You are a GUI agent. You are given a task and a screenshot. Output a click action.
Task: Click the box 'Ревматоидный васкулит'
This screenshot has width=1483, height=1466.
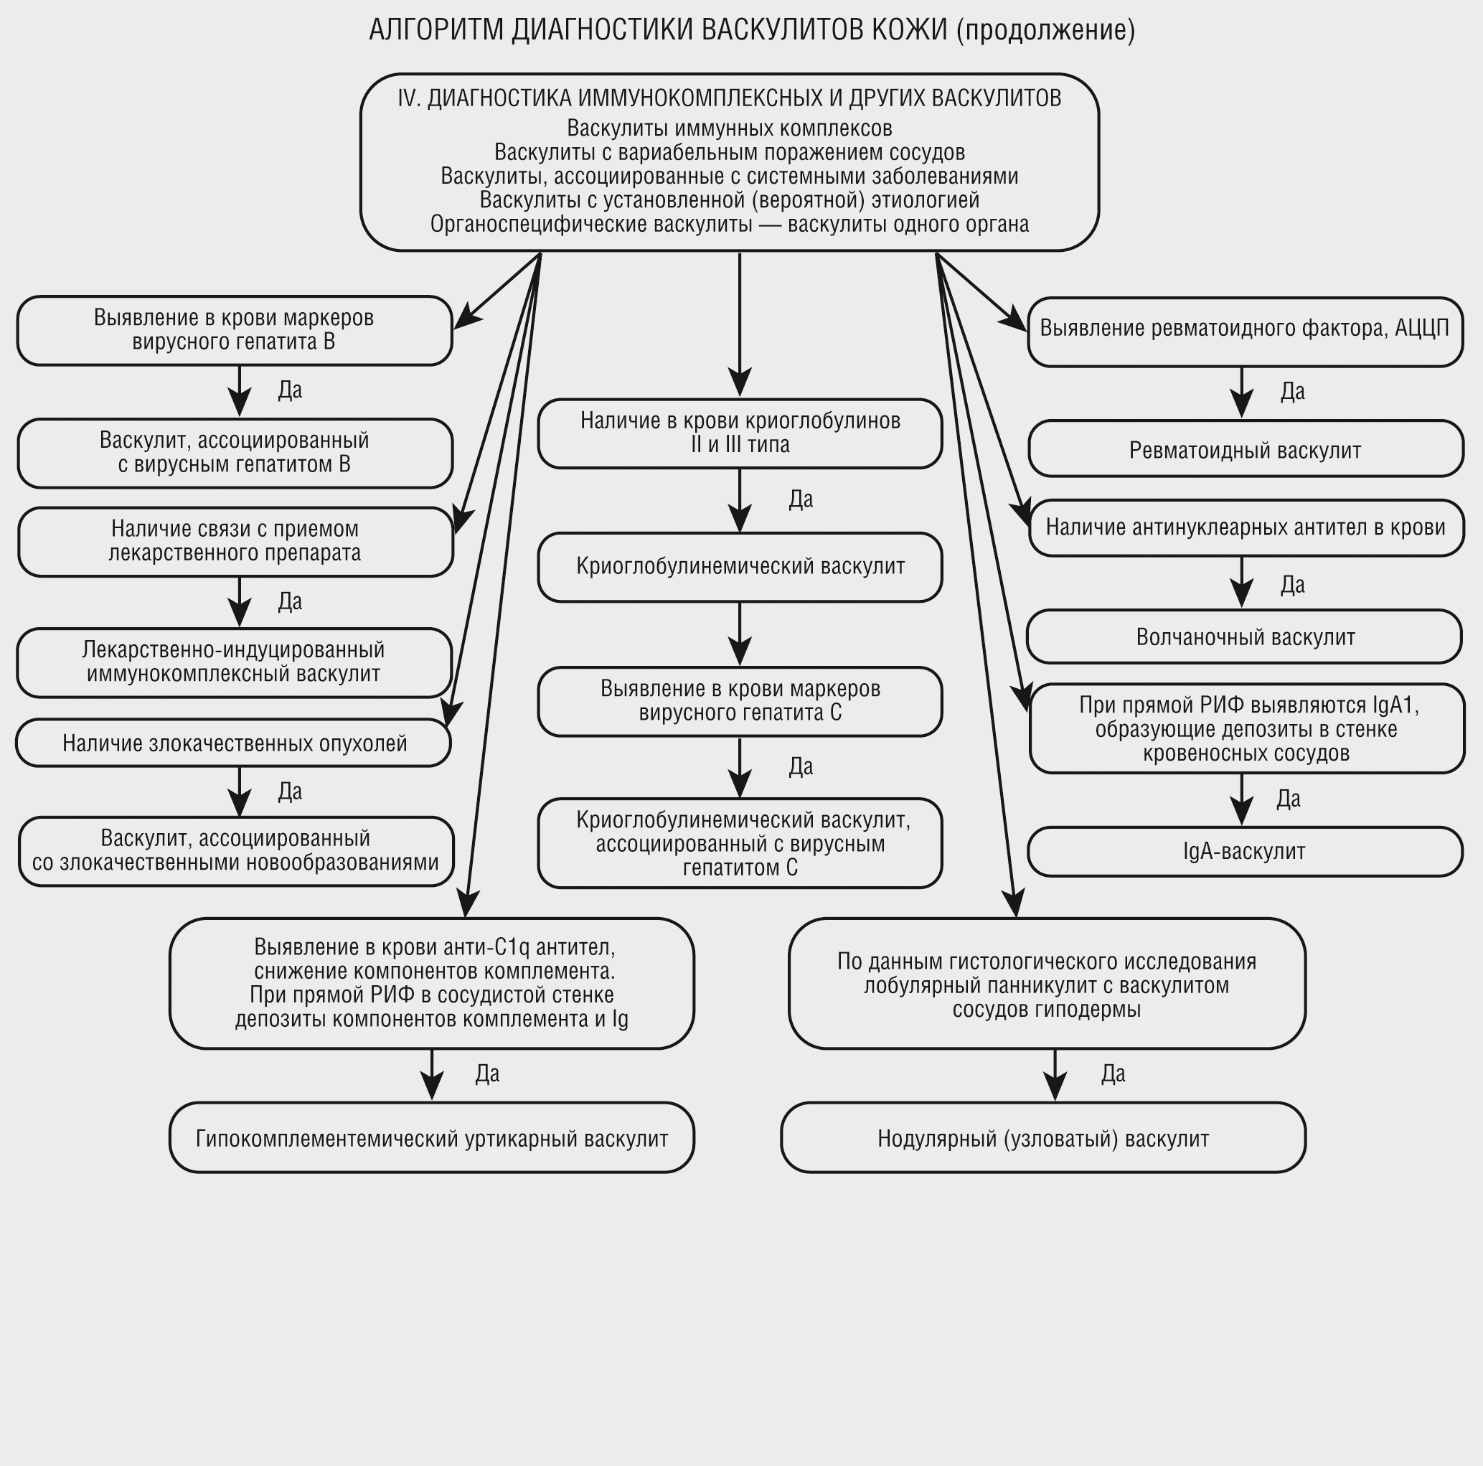click(1245, 449)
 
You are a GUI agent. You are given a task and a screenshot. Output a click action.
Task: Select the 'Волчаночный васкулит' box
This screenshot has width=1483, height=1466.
click(1243, 636)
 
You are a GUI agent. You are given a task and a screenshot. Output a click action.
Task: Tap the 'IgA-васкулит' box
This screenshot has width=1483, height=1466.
click(1243, 851)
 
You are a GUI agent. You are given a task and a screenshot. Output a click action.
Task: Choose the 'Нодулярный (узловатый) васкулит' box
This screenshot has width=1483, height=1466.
click(1042, 1138)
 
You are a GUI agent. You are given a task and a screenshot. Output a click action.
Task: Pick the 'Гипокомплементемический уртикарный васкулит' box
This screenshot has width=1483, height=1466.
click(431, 1138)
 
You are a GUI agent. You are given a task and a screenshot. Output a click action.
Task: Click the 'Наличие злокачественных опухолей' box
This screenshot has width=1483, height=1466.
click(233, 743)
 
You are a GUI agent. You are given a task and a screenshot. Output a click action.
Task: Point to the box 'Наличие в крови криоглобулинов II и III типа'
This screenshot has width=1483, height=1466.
click(740, 433)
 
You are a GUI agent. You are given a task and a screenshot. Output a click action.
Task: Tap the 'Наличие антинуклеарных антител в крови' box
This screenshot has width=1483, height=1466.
click(1245, 527)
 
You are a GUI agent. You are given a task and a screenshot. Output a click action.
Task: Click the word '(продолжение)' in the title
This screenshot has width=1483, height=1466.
click(1045, 30)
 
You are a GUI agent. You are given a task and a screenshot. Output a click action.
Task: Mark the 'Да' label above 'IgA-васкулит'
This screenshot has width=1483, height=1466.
click(1288, 799)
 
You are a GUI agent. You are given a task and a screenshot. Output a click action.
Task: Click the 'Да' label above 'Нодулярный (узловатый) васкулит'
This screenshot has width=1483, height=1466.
click(1113, 1073)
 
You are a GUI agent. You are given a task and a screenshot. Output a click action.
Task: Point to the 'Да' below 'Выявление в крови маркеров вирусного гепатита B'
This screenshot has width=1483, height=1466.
click(290, 390)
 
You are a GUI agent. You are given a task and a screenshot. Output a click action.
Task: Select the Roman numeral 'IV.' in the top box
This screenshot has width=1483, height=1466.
click(409, 98)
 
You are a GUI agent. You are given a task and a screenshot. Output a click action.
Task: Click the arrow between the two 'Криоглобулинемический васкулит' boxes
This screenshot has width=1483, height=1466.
click(739, 633)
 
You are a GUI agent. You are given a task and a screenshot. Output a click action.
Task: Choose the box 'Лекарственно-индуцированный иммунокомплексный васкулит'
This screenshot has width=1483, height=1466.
click(233, 662)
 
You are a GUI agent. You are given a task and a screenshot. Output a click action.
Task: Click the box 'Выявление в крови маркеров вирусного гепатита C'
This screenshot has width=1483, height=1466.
click(740, 701)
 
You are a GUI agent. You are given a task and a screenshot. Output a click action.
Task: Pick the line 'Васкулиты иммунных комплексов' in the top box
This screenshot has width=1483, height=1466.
click(729, 128)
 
